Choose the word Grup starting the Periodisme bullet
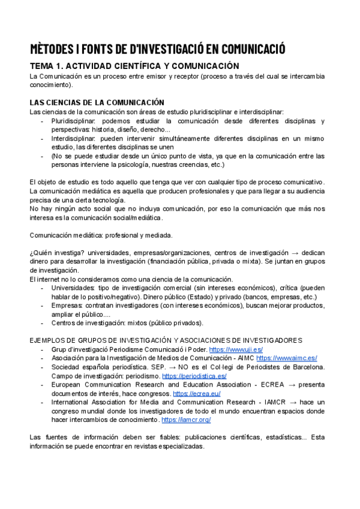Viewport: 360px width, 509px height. coord(60,349)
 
